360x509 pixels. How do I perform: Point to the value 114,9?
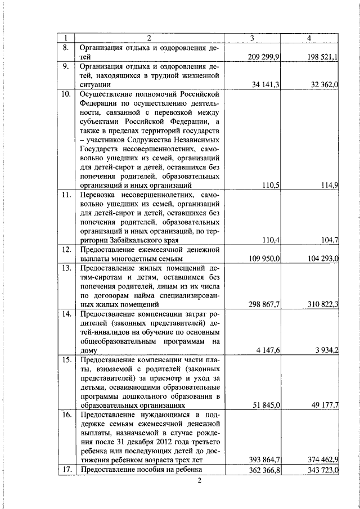tap(328, 184)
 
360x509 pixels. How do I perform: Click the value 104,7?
tap(328, 240)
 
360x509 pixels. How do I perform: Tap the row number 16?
tap(66, 415)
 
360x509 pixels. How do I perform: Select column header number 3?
tap(253, 38)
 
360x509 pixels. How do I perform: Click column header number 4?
tap(309, 38)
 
